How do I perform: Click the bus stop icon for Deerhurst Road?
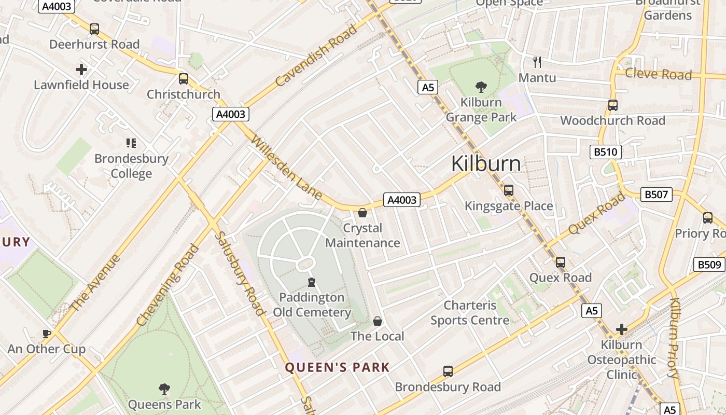[94, 29]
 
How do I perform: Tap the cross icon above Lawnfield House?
[81, 69]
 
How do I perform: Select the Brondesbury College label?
[131, 166]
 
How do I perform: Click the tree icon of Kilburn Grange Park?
[481, 87]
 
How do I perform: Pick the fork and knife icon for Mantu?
[537, 63]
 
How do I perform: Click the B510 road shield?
[605, 152]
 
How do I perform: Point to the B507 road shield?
[656, 195]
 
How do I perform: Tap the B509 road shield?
[709, 265]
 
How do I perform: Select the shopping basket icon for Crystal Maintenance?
[362, 213]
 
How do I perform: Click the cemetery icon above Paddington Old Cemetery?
[312, 282]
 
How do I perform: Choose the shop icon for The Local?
[378, 321]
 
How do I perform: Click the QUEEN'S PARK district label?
[337, 368]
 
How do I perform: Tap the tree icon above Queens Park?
[164, 389]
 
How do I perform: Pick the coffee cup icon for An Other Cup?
[47, 334]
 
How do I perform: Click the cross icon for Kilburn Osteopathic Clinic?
[621, 329]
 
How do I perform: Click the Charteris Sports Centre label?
[470, 313]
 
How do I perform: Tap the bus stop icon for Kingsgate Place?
[509, 190]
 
